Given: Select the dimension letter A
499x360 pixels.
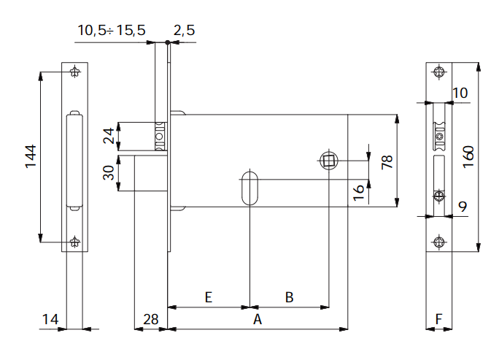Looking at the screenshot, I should (256, 319).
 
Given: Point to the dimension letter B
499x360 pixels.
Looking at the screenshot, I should (289, 297).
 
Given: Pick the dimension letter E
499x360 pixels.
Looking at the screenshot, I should (208, 297).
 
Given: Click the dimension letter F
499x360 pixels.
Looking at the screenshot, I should (438, 319).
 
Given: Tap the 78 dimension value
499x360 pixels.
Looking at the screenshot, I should (387, 161).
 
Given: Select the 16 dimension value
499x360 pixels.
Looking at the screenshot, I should (358, 193).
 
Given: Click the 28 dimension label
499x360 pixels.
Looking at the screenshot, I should (150, 319).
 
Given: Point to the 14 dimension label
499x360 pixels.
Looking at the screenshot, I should (50, 319).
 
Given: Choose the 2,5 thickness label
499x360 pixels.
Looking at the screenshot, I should (185, 30).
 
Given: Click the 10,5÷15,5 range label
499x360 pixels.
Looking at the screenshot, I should (112, 30).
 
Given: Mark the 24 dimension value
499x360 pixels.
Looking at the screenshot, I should (109, 136).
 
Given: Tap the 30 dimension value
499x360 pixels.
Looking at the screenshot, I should (109, 174).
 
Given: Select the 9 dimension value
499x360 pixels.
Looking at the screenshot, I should (463, 207).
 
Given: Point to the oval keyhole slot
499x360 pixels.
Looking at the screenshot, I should (249, 187).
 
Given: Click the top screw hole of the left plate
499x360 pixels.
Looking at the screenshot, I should (75, 72).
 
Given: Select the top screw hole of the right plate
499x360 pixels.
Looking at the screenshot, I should (438, 72).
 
